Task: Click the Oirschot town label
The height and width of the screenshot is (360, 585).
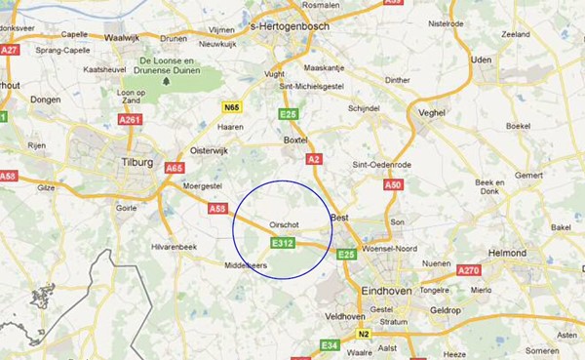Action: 283,223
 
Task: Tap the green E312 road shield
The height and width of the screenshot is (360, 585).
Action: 283,241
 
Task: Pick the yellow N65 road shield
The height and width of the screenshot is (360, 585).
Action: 231,107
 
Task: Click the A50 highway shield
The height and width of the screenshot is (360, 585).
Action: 393,183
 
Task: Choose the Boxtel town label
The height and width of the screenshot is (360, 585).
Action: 294,140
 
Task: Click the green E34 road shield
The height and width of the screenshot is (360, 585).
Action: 331,345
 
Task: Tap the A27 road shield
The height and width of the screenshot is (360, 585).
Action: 11,49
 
